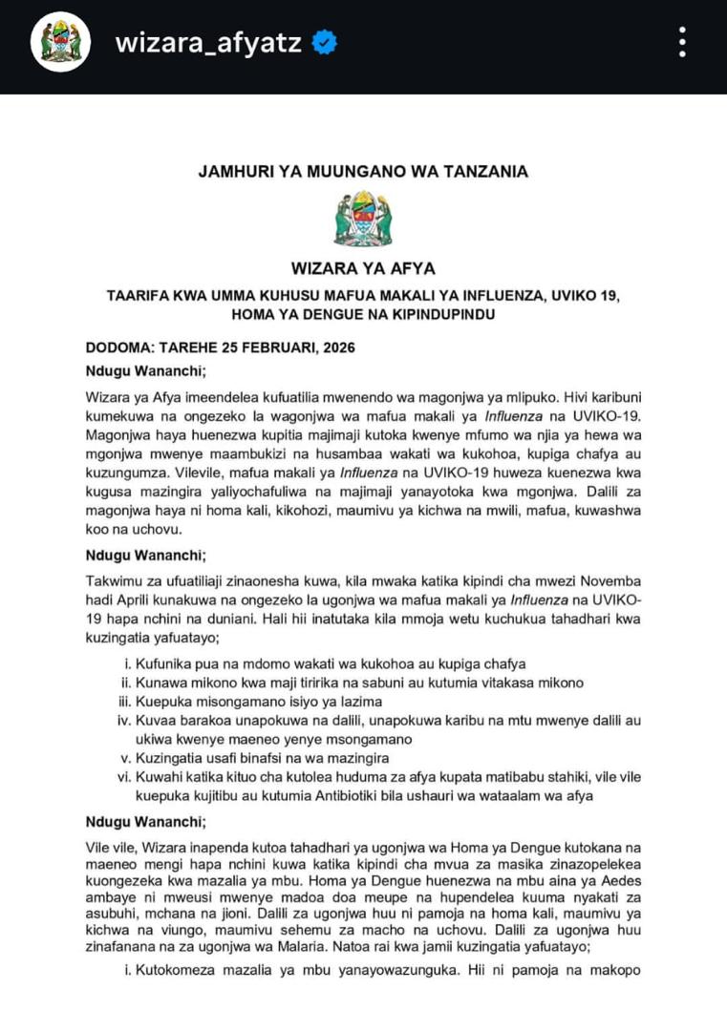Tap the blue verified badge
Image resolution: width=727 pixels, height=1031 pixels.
tap(325, 43)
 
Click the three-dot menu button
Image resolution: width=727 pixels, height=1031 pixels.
tap(681, 43)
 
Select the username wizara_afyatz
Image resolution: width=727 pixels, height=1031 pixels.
tap(210, 43)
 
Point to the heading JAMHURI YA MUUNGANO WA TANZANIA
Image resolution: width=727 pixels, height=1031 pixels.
tap(363, 172)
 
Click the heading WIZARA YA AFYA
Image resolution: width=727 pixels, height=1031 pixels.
tap(363, 269)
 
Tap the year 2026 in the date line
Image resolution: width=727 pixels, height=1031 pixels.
tap(335, 347)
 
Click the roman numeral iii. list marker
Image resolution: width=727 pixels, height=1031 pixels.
tap(123, 700)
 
